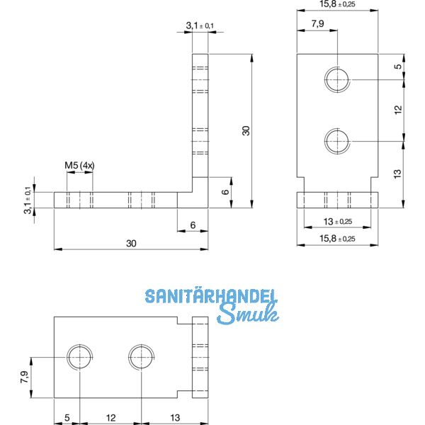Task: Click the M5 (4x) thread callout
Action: coord(80,166)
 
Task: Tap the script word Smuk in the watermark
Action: coord(247,316)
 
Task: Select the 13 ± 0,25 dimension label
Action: coord(336,221)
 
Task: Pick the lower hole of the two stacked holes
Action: coord(337,140)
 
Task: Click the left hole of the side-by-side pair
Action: coord(80,357)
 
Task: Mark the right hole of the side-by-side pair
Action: coord(141,357)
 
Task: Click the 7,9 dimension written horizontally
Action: coord(317,25)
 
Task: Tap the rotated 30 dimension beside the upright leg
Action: coord(246,130)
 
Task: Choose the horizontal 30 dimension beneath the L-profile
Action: coord(131,243)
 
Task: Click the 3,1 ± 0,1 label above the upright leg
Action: coord(200,26)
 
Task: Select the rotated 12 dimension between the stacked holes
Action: coord(398,109)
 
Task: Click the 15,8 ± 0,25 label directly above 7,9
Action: coord(336,6)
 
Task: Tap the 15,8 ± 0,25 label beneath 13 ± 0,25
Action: coord(336,238)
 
